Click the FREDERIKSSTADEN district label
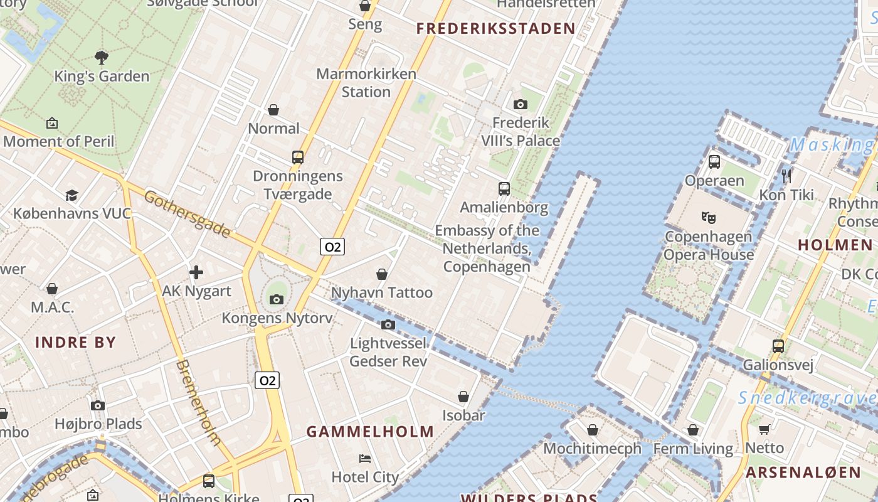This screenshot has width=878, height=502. [x=495, y=28]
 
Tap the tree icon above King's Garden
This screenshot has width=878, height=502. [x=102, y=58]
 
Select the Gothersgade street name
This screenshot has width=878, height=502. [x=187, y=214]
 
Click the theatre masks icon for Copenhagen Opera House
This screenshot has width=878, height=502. [x=709, y=218]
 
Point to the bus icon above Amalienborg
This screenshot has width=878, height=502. [x=504, y=188]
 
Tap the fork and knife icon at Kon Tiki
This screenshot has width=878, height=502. [x=787, y=176]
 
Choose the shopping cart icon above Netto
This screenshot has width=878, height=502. [x=764, y=429]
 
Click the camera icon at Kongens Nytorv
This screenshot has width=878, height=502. [x=277, y=299]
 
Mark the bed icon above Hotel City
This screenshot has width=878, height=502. [x=365, y=458]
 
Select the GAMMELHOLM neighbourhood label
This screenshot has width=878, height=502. [x=370, y=432]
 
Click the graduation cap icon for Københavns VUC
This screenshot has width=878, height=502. [x=71, y=195]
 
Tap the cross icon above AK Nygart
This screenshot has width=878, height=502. [x=196, y=272]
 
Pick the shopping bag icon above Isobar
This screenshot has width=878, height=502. [x=463, y=397]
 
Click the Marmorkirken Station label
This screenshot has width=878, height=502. [x=366, y=83]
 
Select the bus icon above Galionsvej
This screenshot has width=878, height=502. [x=778, y=346]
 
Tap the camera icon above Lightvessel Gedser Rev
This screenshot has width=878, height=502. [x=388, y=324]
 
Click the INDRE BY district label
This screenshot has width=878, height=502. [x=75, y=343]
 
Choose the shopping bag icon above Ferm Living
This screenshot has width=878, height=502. [x=693, y=430]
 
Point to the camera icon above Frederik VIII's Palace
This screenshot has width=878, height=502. [x=520, y=104]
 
